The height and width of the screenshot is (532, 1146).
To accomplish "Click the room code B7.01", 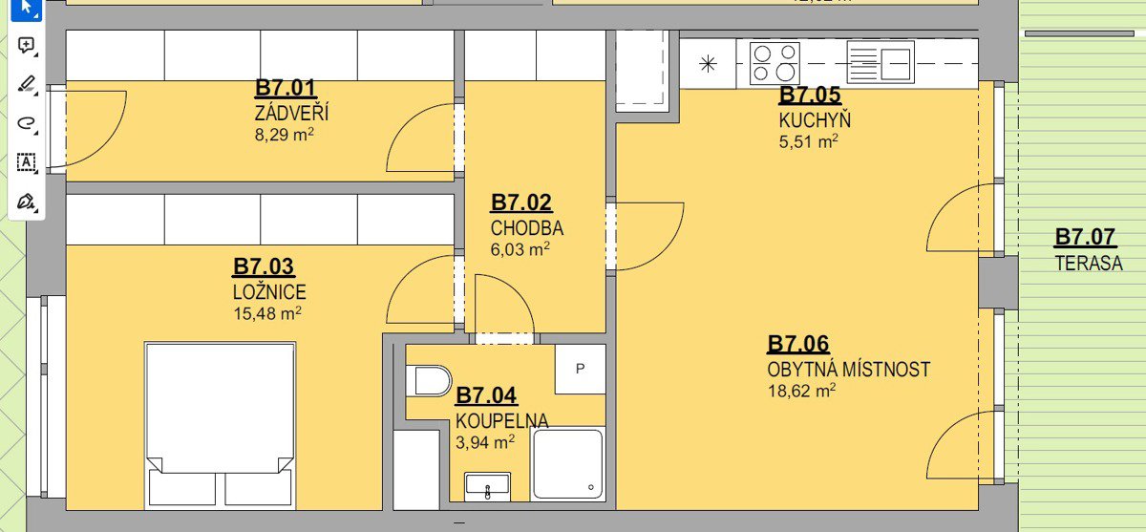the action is [x=286, y=88].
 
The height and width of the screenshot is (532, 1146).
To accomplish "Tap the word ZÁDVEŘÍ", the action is [x=291, y=113].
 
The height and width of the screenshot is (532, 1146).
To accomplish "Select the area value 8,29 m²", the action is [x=284, y=135].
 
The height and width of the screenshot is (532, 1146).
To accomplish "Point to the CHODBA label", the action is [x=527, y=228].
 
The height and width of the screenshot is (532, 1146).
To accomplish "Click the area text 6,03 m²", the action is [x=520, y=249].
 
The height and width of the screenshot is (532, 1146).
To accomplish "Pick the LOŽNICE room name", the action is [x=269, y=292].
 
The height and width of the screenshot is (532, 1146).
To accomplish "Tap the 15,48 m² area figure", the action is [x=267, y=313].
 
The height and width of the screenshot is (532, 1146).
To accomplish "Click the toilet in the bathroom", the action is [x=429, y=380].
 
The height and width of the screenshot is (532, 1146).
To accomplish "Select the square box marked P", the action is [x=581, y=369].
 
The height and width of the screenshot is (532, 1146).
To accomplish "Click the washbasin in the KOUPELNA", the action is [x=487, y=486].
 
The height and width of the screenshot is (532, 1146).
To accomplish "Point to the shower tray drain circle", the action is [x=591, y=487].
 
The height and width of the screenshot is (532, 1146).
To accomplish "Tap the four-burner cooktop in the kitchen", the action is [x=775, y=63].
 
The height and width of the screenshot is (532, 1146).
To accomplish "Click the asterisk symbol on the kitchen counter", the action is [x=708, y=64].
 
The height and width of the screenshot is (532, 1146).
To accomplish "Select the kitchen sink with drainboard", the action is [x=880, y=62].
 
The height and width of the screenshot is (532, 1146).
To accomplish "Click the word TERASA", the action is [x=1089, y=264].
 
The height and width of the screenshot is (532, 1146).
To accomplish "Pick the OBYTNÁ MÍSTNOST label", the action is [x=848, y=370].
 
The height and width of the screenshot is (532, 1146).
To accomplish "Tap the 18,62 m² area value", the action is [x=801, y=392].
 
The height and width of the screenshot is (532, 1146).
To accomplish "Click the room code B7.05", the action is [x=810, y=96].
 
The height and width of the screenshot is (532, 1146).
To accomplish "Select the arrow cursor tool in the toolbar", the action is [x=27, y=9].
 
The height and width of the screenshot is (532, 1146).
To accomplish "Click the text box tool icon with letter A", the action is [x=26, y=162].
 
